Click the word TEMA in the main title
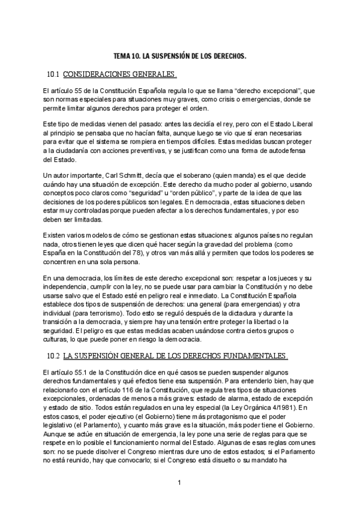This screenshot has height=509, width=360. tap(122, 56)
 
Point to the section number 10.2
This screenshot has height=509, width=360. tap(53, 356)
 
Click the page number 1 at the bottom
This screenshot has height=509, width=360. tap(180, 482)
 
